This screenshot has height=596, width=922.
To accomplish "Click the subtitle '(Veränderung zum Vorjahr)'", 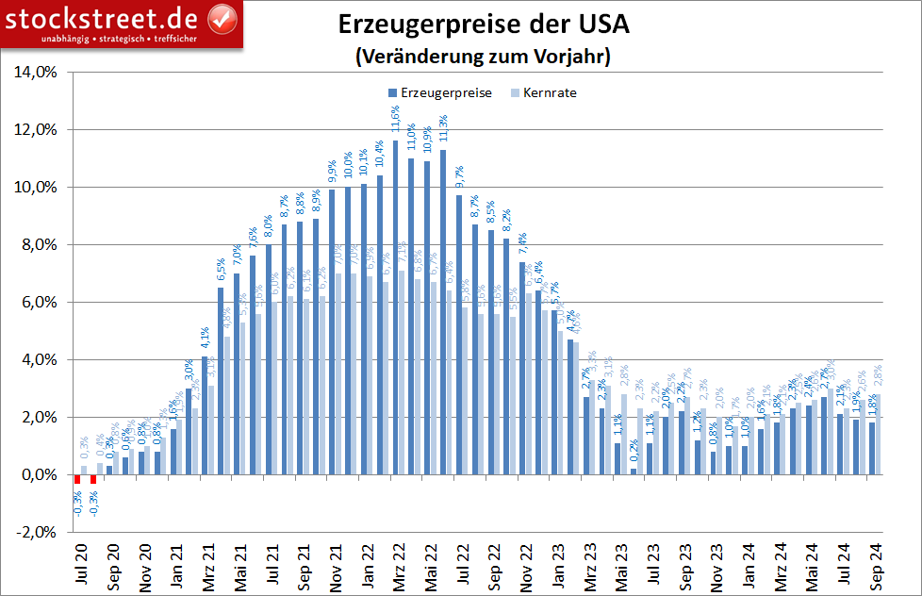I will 483,57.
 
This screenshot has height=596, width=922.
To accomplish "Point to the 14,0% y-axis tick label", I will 36,72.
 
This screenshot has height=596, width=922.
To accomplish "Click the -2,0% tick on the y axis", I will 36,532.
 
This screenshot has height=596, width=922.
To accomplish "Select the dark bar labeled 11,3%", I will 443,311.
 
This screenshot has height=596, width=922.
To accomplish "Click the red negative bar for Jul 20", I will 78,479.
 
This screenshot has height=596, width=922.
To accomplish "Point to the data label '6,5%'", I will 222,271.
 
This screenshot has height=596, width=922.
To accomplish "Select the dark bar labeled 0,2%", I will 634,472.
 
